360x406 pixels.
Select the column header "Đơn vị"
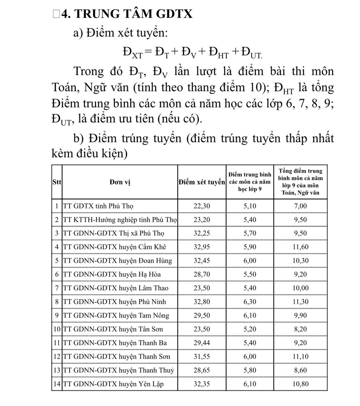pos(120,182)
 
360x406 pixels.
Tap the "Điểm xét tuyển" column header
pos(202,182)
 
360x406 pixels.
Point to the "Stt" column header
pos(56,182)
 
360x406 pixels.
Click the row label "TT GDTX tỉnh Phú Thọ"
pos(98,206)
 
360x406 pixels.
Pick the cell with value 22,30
pos(202,206)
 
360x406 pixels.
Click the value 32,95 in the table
pos(202,247)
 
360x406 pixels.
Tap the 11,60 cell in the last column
pos(300,247)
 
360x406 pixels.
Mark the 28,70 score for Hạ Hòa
pos(202,275)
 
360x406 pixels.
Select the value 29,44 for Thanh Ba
pos(202,343)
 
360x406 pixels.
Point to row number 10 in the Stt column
pos(56,329)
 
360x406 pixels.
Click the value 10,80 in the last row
pos(300,384)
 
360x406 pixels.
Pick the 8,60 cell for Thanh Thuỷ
pos(300,370)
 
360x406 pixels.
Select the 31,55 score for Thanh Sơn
pos(202,356)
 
